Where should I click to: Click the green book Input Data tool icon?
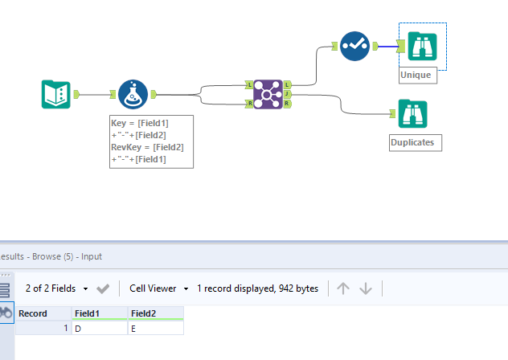56,94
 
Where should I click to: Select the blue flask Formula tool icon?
133,94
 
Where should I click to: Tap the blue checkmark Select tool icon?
354,46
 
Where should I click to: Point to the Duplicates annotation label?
412,142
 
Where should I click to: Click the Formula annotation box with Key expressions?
151,141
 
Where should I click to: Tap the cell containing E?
155,328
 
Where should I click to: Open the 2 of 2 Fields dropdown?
56,288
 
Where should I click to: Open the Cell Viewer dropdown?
158,288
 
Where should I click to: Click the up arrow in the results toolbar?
343,288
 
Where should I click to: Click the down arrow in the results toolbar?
367,288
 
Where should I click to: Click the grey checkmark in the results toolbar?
103,288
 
